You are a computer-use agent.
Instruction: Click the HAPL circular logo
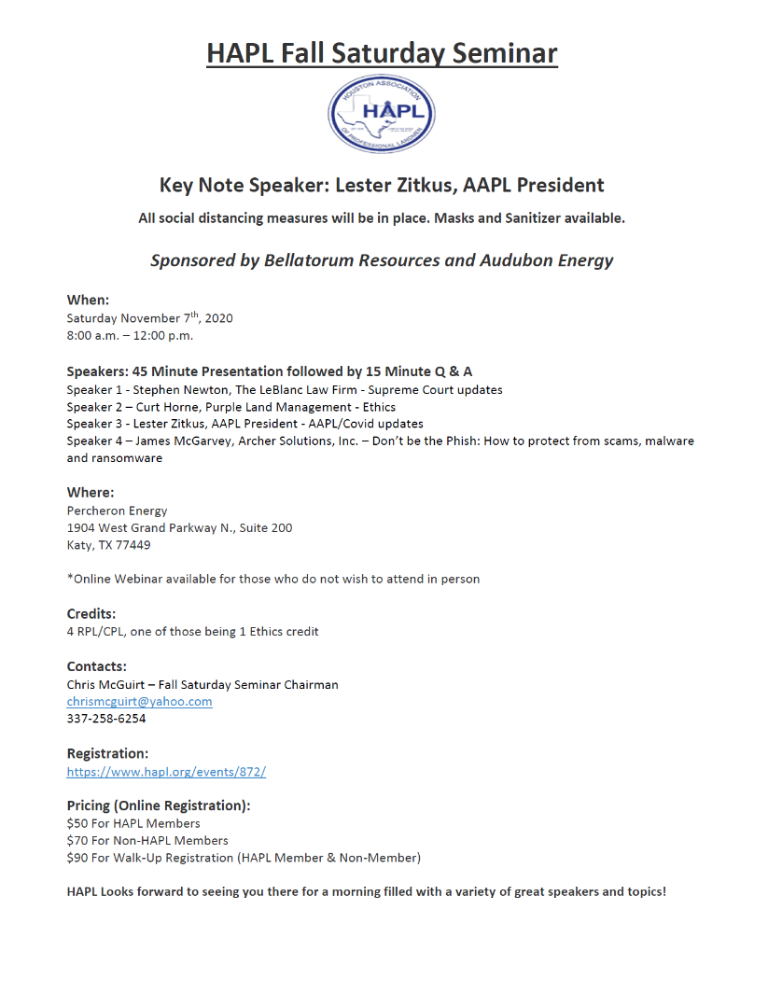click(x=382, y=114)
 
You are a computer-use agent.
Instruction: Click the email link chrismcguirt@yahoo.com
click(x=139, y=702)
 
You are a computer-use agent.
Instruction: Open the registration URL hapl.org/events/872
click(x=166, y=772)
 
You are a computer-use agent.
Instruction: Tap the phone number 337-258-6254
click(x=106, y=719)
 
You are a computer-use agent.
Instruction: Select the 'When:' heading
click(x=88, y=301)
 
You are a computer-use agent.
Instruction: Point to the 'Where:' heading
click(x=91, y=492)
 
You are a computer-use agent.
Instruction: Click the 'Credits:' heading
click(x=91, y=614)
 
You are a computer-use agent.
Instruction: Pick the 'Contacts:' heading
click(x=96, y=666)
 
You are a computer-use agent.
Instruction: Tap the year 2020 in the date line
click(x=216, y=318)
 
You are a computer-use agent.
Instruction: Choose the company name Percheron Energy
click(x=117, y=511)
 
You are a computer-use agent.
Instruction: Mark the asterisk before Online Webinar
click(x=70, y=579)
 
